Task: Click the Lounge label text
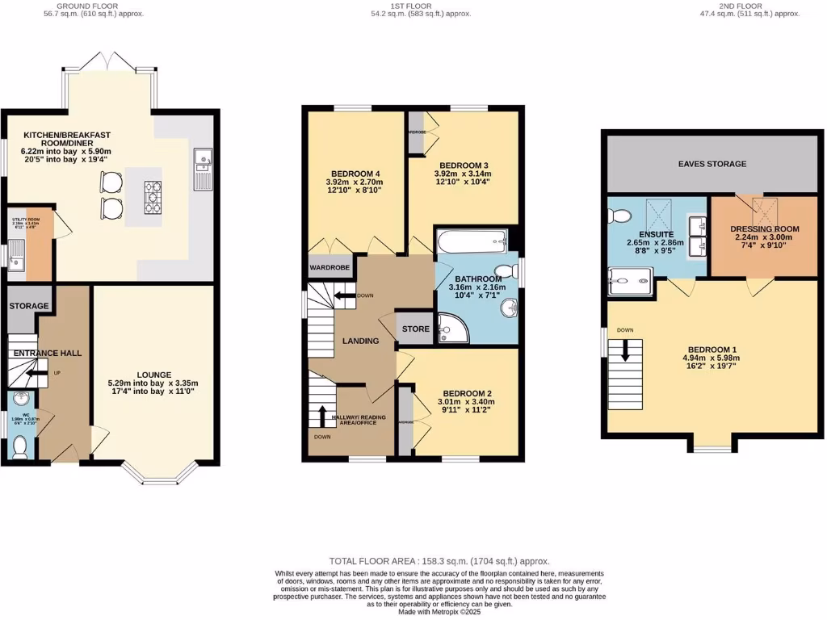[153, 375]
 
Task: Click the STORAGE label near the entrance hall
[29, 307]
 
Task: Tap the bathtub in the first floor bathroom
[471, 240]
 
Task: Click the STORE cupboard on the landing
[415, 329]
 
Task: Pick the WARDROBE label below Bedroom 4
[329, 266]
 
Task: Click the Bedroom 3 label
[461, 165]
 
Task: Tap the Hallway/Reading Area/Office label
[356, 419]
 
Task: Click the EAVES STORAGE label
[712, 164]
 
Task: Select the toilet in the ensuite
[619, 216]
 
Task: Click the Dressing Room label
[753, 229]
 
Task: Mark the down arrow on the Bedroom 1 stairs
[624, 352]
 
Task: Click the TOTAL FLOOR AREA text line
[439, 561]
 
